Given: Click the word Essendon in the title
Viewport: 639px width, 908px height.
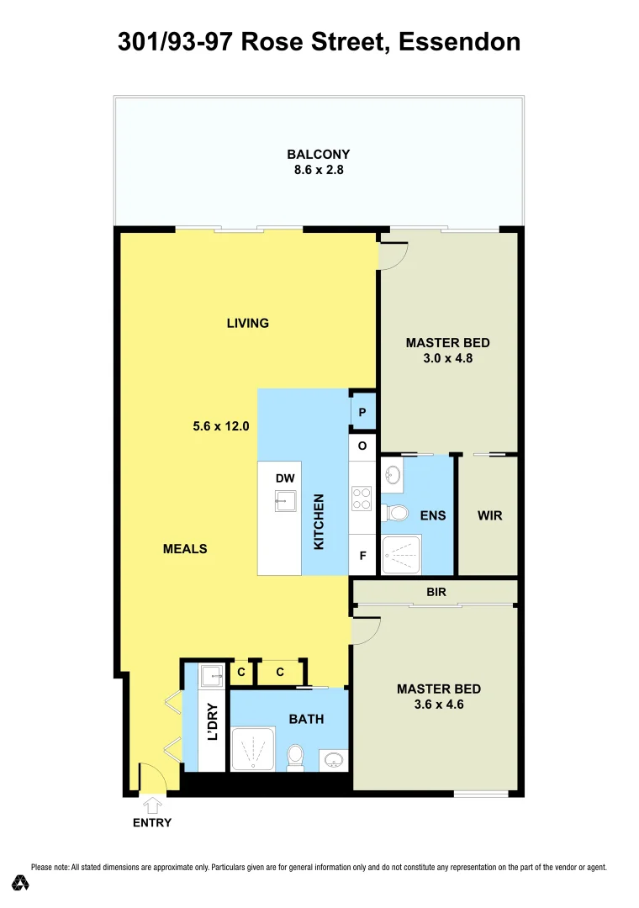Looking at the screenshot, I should (x=459, y=41).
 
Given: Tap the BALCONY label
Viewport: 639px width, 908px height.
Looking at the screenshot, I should (x=318, y=155).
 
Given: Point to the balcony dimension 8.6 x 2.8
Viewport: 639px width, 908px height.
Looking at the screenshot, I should (x=318, y=170).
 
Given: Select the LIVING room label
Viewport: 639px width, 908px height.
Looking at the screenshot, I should (x=248, y=323).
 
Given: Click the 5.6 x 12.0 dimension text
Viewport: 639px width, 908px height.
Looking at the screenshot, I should (x=222, y=426).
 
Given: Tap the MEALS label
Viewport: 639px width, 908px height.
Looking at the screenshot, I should (x=185, y=549).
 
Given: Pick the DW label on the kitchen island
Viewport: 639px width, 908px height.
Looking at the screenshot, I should (x=285, y=478).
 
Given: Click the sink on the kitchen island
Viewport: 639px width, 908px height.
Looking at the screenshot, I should (x=285, y=501).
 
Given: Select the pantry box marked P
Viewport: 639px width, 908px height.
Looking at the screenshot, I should (x=362, y=413).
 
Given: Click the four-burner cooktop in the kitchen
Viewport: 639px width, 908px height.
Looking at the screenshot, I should (x=362, y=499).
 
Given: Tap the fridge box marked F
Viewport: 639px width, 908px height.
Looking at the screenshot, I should (x=362, y=556).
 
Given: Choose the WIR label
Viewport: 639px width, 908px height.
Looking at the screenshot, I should (x=489, y=515).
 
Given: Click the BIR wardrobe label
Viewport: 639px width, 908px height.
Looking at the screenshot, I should (x=436, y=592).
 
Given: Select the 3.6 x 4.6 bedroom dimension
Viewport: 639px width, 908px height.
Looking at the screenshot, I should (x=439, y=705).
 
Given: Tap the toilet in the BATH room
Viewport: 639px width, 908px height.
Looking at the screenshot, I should (x=295, y=757).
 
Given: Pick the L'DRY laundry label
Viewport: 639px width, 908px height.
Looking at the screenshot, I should (x=213, y=721).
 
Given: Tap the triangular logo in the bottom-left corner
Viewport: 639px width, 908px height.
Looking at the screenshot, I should (x=21, y=883).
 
